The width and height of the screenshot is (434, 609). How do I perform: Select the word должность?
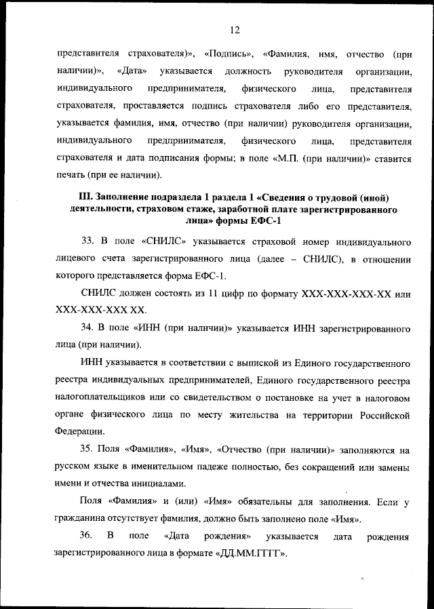(x=250, y=71)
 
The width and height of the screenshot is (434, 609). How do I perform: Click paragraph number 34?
(x=86, y=328)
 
